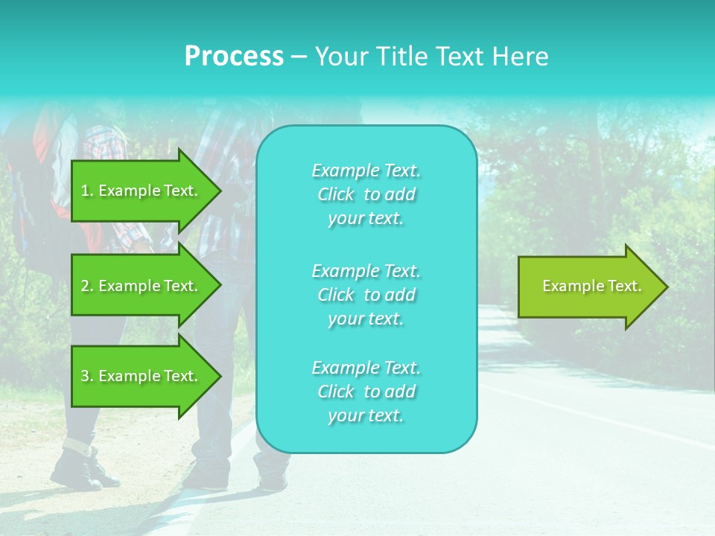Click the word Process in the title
(234, 57)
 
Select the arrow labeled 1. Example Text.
(142, 191)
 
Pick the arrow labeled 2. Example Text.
(142, 286)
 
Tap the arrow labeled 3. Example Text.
(142, 376)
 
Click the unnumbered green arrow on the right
(588, 287)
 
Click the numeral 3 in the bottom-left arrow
(85, 376)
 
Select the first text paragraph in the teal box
(366, 194)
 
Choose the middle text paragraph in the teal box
(366, 295)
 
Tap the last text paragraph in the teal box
(366, 392)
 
